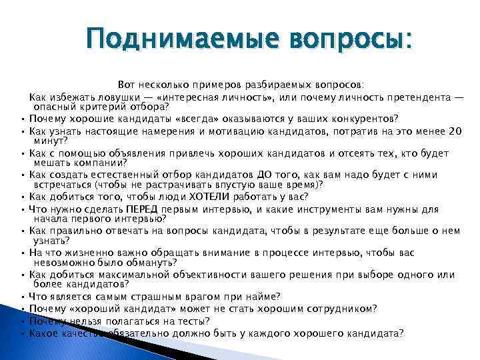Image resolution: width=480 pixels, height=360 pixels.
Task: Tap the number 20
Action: (x=455, y=131)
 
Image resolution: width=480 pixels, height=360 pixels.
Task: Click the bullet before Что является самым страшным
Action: (x=23, y=297)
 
